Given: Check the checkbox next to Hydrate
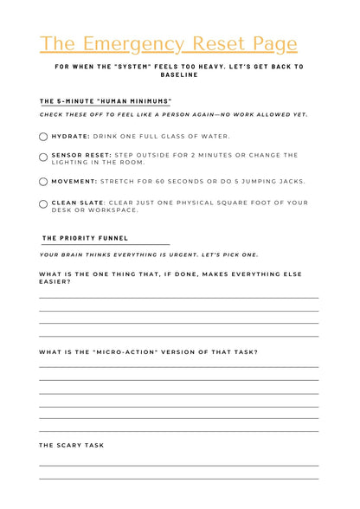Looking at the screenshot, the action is (x=44, y=137).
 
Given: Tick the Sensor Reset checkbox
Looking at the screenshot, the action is (x=44, y=157).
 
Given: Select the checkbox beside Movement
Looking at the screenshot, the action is (x=44, y=182).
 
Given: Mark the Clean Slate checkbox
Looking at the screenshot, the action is (x=44, y=204).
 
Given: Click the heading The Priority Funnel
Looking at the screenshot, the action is (x=85, y=238).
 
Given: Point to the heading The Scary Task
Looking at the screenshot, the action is (x=71, y=446).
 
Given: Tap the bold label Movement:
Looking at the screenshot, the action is (x=75, y=182).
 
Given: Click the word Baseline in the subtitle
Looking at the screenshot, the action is (x=179, y=75).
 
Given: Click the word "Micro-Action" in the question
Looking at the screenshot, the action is (x=128, y=352).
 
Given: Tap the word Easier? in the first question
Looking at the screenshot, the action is (x=55, y=281).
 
